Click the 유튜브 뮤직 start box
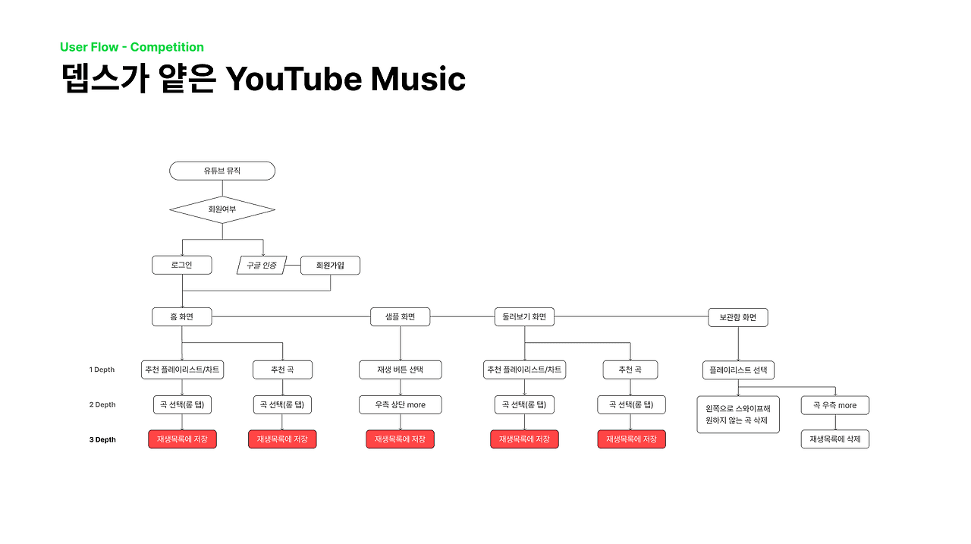(222, 171)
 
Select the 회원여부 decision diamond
(222, 209)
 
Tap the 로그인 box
(182, 266)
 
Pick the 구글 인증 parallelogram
(261, 266)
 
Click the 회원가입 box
(330, 266)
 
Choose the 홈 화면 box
(182, 317)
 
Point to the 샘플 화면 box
(400, 317)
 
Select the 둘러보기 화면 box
(523, 317)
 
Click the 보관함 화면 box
(737, 317)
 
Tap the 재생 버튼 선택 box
(400, 369)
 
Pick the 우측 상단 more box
(400, 405)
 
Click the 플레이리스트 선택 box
(737, 369)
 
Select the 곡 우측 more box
(834, 405)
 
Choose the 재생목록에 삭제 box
(834, 439)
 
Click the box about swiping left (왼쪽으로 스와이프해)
(737, 414)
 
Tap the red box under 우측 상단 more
(400, 439)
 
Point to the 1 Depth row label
(102, 369)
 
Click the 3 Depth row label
(102, 439)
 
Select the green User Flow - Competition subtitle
(132, 47)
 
